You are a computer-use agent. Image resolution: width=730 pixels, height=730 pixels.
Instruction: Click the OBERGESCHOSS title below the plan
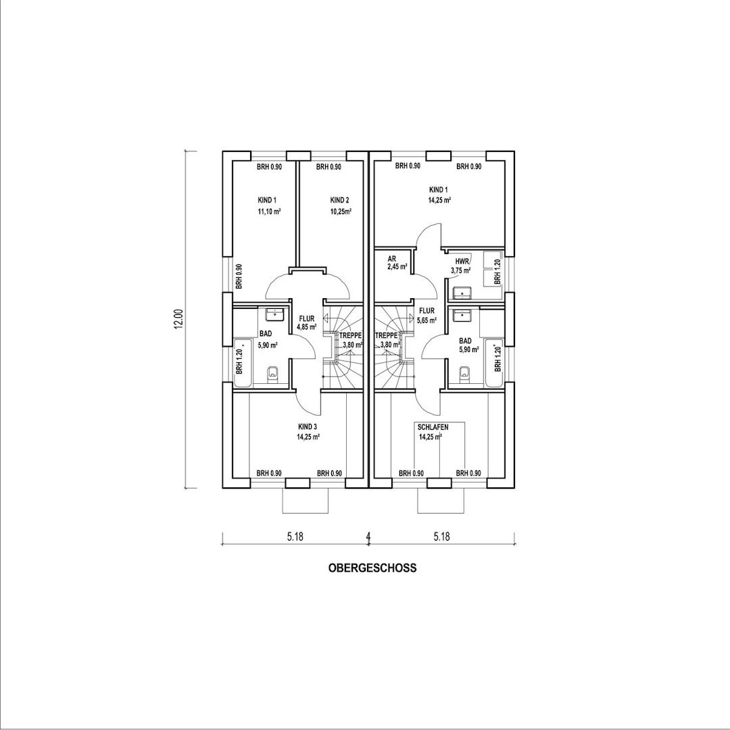tap(372, 568)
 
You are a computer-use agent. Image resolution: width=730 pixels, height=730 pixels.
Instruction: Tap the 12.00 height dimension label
tap(178, 319)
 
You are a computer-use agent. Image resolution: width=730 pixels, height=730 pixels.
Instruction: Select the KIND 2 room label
tap(339, 200)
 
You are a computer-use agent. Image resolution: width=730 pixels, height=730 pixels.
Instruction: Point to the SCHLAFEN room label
tap(433, 427)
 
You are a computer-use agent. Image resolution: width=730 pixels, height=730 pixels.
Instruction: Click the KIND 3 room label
tap(308, 427)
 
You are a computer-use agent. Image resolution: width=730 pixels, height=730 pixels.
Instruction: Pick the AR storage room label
tap(391, 259)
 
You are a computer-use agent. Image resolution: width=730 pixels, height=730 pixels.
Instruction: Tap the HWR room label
tap(462, 261)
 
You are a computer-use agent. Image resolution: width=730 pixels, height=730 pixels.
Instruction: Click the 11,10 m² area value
tap(268, 212)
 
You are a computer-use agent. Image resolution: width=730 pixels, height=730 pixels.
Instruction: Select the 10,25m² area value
tap(341, 211)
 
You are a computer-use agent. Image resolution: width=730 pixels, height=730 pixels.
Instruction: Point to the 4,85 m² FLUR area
tap(306, 326)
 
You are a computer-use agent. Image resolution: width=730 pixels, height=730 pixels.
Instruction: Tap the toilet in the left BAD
tap(273, 373)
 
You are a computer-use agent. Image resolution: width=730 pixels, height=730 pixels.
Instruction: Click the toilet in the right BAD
tap(464, 373)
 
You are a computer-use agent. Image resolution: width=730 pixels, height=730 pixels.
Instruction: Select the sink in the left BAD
tap(274, 315)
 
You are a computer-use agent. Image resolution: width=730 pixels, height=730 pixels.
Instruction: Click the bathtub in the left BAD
tap(243, 363)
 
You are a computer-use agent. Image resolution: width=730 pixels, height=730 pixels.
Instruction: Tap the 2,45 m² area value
tap(397, 267)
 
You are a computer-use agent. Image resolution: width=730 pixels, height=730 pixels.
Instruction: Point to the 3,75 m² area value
tap(462, 271)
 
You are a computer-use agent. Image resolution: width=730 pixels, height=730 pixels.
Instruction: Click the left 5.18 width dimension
tap(294, 537)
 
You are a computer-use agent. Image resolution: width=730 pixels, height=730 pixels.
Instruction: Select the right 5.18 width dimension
tap(441, 537)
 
